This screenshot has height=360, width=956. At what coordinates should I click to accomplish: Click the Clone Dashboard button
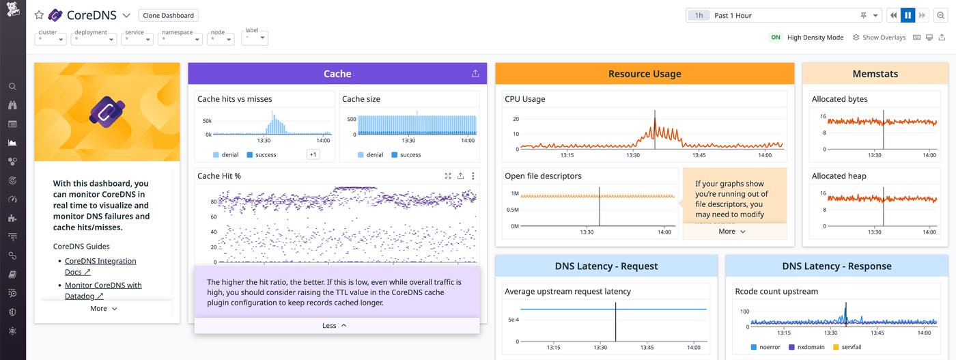(x=169, y=15)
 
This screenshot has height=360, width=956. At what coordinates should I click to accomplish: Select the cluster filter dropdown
(x=51, y=38)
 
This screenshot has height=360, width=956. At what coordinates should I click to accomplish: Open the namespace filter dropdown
(x=180, y=38)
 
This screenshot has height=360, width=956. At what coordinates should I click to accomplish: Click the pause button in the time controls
(x=908, y=15)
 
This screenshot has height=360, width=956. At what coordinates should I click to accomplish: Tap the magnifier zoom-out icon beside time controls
(x=940, y=15)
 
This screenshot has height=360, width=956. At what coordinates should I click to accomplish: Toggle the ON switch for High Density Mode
(x=776, y=38)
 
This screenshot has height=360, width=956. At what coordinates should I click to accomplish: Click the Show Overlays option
(x=879, y=38)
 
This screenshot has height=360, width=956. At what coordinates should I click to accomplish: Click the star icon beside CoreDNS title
(x=39, y=15)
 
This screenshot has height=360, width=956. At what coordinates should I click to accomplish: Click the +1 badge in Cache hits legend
(x=313, y=154)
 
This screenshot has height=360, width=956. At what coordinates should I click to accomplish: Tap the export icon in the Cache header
(x=475, y=74)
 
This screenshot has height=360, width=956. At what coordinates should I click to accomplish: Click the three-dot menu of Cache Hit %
(x=473, y=176)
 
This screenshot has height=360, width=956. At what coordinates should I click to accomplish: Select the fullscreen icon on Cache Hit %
(x=448, y=176)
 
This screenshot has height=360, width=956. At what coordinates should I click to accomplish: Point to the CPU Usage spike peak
(x=655, y=111)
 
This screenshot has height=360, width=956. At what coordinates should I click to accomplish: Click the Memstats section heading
(x=875, y=74)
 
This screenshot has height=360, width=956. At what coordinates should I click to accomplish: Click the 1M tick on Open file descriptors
(x=514, y=194)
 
